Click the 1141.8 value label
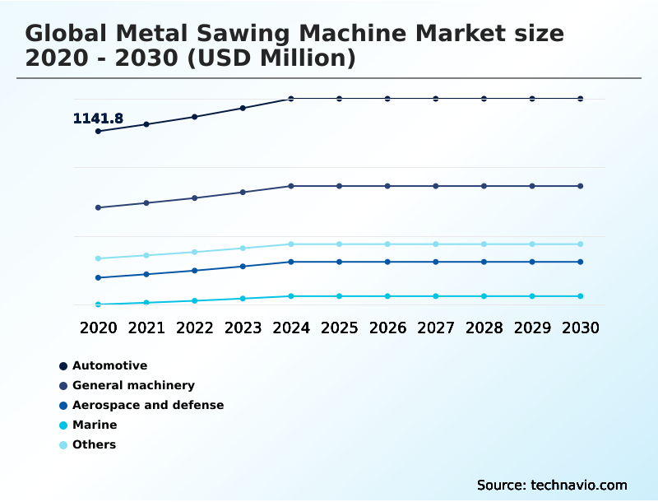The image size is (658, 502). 98,119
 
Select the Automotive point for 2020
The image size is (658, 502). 99,131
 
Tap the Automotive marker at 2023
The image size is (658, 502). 243,108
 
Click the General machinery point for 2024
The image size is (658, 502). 291,186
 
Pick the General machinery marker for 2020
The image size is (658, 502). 99,207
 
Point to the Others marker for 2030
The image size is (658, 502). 580,244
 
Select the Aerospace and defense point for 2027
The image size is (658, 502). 436,262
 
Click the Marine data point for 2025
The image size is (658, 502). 339,296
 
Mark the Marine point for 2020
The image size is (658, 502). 99,304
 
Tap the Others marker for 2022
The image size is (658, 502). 195,252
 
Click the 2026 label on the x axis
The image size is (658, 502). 387,328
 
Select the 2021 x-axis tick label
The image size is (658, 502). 146,328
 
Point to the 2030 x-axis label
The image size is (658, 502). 580,328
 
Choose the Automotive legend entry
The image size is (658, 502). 109,365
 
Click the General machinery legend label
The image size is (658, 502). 133,385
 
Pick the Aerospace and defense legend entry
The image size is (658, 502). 148,405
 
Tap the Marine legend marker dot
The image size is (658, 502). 63,425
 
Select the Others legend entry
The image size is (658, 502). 94,444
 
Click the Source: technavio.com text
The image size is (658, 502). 552,485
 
